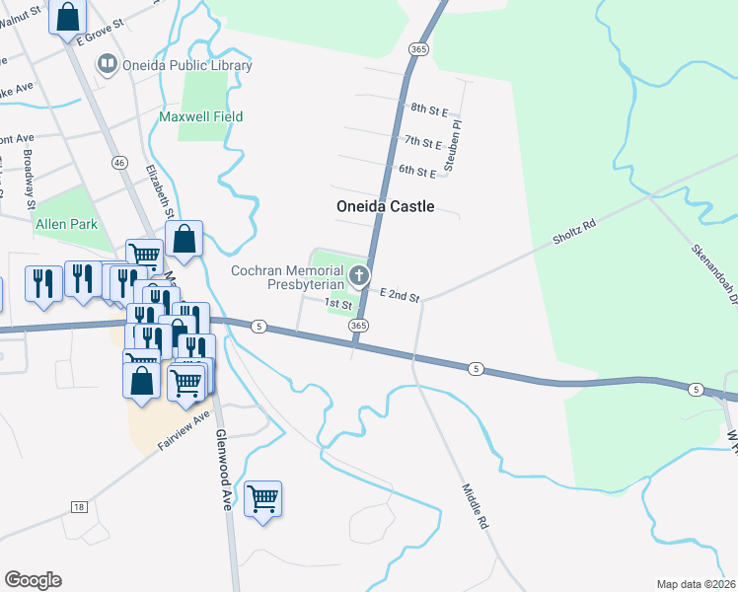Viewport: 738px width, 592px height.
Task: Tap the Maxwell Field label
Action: [201, 116]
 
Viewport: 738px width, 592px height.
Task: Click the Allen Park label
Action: [67, 224]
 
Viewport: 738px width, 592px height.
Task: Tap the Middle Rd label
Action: [476, 507]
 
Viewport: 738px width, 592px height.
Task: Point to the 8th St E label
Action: [430, 108]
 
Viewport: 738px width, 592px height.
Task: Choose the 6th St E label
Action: [417, 172]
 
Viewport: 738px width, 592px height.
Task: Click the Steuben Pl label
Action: [453, 147]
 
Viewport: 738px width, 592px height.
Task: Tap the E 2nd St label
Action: [401, 296]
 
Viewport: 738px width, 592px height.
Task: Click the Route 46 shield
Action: [119, 162]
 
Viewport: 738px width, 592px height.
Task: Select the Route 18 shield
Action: [78, 507]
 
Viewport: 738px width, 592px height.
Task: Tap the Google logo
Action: [33, 580]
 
